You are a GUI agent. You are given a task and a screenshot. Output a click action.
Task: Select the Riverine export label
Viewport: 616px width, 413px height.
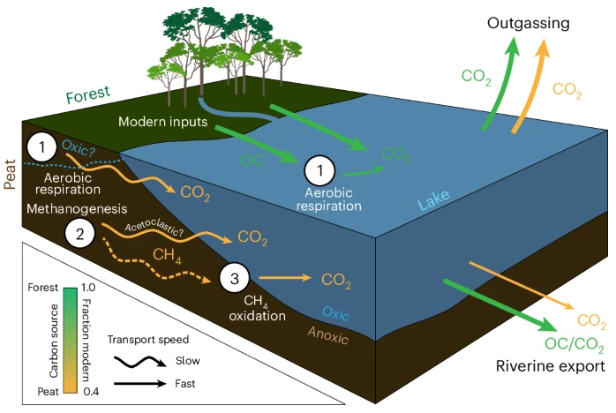550,364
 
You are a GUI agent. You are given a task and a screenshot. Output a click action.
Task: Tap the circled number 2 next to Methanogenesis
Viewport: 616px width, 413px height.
79,234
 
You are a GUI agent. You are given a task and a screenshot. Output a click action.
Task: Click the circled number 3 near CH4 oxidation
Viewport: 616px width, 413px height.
233,280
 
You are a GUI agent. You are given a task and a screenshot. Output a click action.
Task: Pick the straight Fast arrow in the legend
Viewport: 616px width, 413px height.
137,383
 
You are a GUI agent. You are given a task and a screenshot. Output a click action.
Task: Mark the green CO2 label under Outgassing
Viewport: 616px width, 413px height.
477,76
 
